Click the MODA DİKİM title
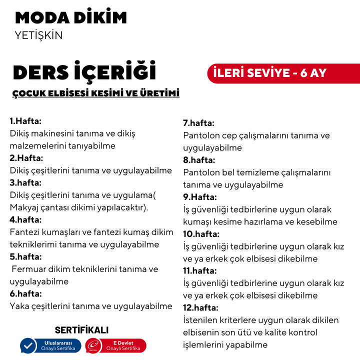pyautogui.click(x=71, y=17)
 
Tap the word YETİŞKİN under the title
pyautogui.click(x=39, y=35)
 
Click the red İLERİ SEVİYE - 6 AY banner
pyautogui.click(x=270, y=73)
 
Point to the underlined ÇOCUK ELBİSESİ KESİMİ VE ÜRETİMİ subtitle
pyautogui.click(x=96, y=93)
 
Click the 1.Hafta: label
pyautogui.click(x=25, y=121)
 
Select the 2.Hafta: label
pyautogui.click(x=26, y=158)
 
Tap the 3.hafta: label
pyautogui.click(x=25, y=182)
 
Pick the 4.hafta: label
pyautogui.click(x=25, y=219)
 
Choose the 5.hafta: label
pyautogui.click(x=25, y=256)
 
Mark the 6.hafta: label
pyautogui.click(x=25, y=293)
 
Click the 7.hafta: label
pyautogui.click(x=198, y=123)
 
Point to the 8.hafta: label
pyautogui.click(x=199, y=160)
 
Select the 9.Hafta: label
pyautogui.click(x=199, y=197)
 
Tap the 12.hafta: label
pyautogui.click(x=201, y=307)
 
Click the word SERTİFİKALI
pyautogui.click(x=81, y=330)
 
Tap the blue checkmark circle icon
pyautogui.click(x=28, y=345)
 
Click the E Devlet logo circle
pyautogui.click(x=93, y=345)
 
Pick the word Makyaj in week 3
pyautogui.click(x=24, y=207)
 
